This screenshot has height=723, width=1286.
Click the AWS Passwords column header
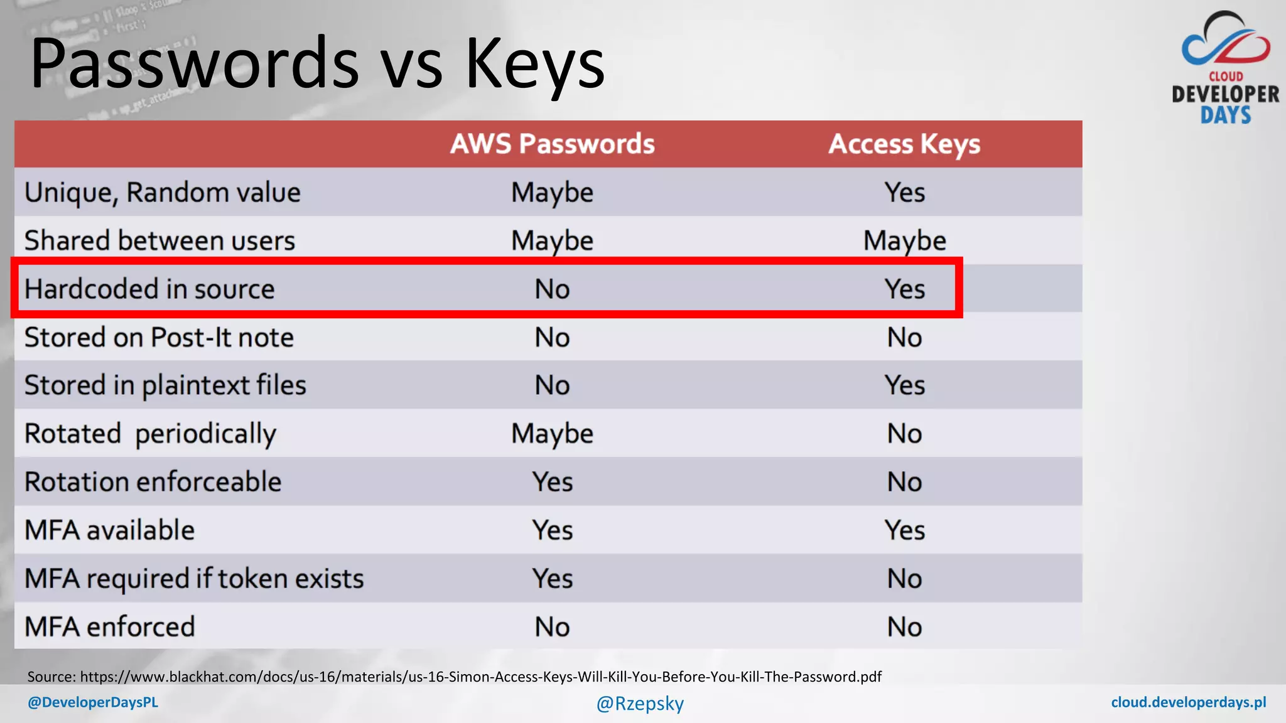pos(552,144)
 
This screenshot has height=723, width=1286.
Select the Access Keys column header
pos(904,144)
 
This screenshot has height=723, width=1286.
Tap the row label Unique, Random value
pos(162,192)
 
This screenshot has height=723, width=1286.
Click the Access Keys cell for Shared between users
pos(904,240)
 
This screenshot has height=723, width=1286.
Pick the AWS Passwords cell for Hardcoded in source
pos(552,289)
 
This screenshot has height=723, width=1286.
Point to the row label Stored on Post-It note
pos(159,337)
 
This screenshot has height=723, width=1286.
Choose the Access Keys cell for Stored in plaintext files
pos(904,385)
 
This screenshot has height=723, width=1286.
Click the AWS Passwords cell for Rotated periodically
pos(552,434)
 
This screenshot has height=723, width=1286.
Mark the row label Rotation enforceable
pos(153,481)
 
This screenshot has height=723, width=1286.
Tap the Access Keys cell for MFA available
pos(904,530)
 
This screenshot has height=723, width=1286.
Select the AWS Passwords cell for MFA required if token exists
pos(552,578)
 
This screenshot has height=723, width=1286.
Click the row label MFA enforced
pos(109,626)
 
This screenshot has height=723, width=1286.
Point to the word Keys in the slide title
pos(534,63)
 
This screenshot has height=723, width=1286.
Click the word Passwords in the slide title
pos(195,63)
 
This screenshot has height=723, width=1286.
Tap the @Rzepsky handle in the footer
pos(640,703)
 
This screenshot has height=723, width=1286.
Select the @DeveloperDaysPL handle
pos(93,702)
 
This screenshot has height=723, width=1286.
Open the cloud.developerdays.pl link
pos(1188,702)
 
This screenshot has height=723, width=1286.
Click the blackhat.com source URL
pos(480,677)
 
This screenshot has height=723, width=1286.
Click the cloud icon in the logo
pos(1226,41)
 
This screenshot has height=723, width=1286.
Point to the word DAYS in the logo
pos(1226,115)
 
